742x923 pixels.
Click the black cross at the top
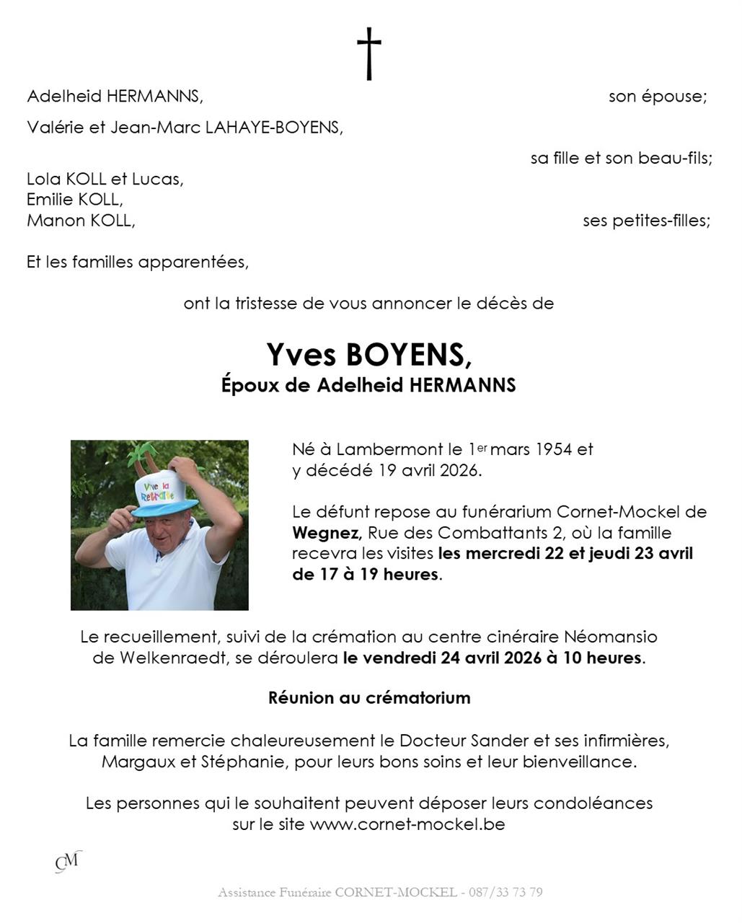click(x=369, y=53)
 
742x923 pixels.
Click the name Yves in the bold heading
click(x=301, y=354)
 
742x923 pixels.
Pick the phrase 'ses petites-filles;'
click(x=646, y=221)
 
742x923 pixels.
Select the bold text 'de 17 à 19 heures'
click(x=366, y=575)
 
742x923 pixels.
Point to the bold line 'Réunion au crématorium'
click(x=369, y=698)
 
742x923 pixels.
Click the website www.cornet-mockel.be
click(x=407, y=823)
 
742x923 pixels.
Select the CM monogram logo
click(x=68, y=861)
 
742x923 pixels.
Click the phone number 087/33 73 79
click(x=505, y=892)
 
